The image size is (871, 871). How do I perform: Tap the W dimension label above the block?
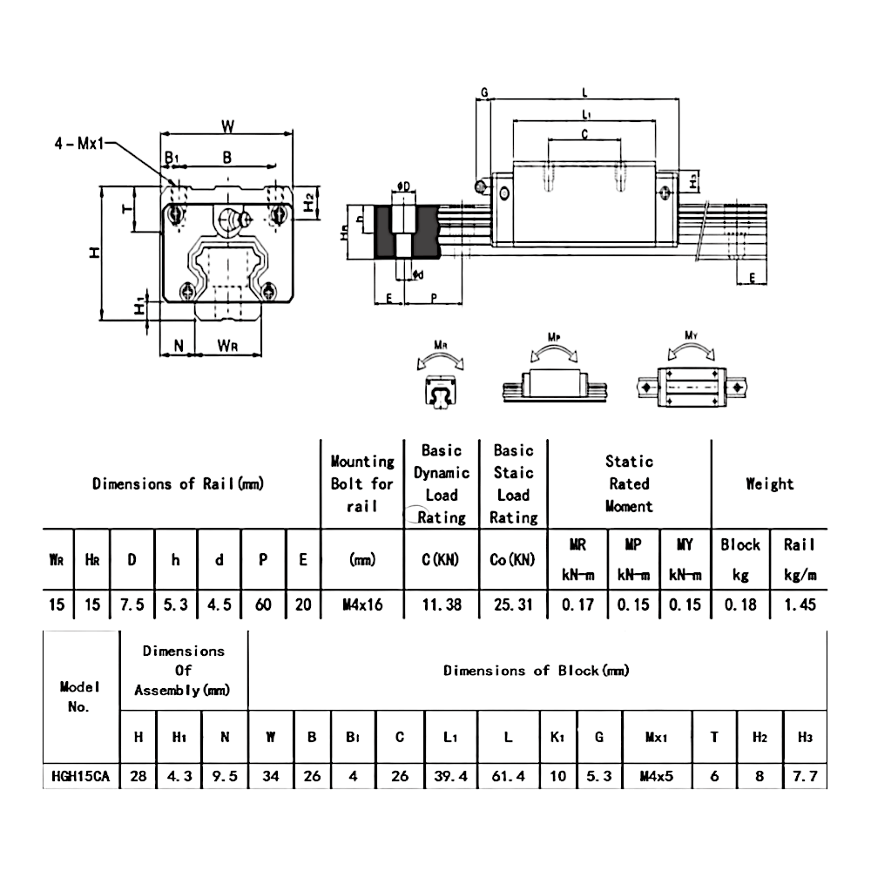coord(226,126)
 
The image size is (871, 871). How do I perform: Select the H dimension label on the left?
coord(94,253)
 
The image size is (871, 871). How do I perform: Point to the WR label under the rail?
coord(227,347)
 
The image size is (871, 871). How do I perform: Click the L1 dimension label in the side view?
coord(586,114)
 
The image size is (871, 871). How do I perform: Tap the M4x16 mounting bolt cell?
coord(361,604)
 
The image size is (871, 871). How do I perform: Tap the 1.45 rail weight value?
coord(799,604)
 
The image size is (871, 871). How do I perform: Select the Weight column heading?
coord(769,483)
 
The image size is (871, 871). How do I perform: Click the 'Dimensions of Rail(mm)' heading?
coord(178,483)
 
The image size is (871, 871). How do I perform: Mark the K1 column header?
coord(557,738)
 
